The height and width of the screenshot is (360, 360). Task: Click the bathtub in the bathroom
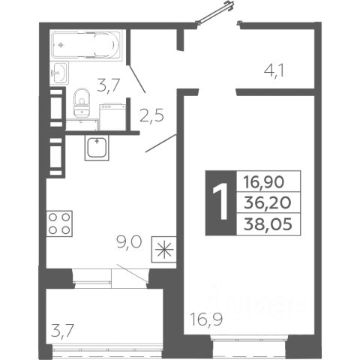pyautogui.click(x=86, y=45)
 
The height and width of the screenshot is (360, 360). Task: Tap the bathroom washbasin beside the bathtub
pyautogui.click(x=59, y=73)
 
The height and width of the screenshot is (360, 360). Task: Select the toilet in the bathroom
pyautogui.click(x=82, y=103)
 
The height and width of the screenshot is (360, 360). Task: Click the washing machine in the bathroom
pyautogui.click(x=112, y=117)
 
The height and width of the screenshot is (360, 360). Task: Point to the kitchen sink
pyautogui.click(x=97, y=148)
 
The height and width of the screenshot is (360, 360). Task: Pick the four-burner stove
pyautogui.click(x=59, y=223)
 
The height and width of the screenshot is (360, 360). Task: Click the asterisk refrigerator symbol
pyautogui.click(x=163, y=250)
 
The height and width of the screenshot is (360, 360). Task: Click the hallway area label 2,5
pyautogui.click(x=151, y=115)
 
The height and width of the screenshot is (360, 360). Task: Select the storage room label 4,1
pyautogui.click(x=274, y=70)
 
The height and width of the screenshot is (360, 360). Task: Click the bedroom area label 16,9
pyautogui.click(x=206, y=319)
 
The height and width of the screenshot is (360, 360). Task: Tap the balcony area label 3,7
pyautogui.click(x=62, y=331)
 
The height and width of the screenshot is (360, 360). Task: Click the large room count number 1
pyautogui.click(x=220, y=201)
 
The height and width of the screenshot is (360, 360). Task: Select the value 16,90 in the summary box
pyautogui.click(x=264, y=181)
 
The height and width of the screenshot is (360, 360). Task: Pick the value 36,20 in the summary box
pyautogui.click(x=268, y=202)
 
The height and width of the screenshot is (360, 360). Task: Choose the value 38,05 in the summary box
pyautogui.click(x=268, y=223)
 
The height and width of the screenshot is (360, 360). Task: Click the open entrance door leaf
pyautogui.click(x=214, y=13)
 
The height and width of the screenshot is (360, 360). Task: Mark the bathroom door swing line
pyautogui.click(x=136, y=79)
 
